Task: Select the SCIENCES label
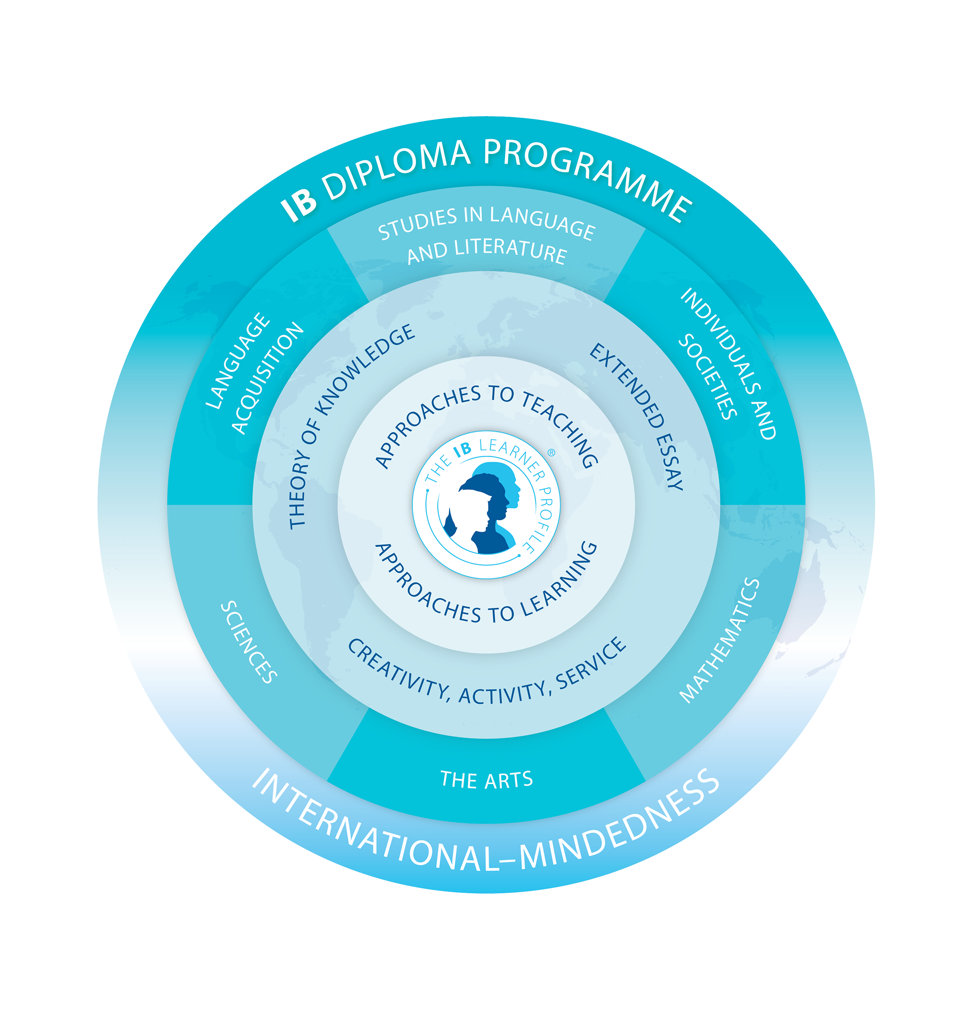(x=249, y=642)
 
